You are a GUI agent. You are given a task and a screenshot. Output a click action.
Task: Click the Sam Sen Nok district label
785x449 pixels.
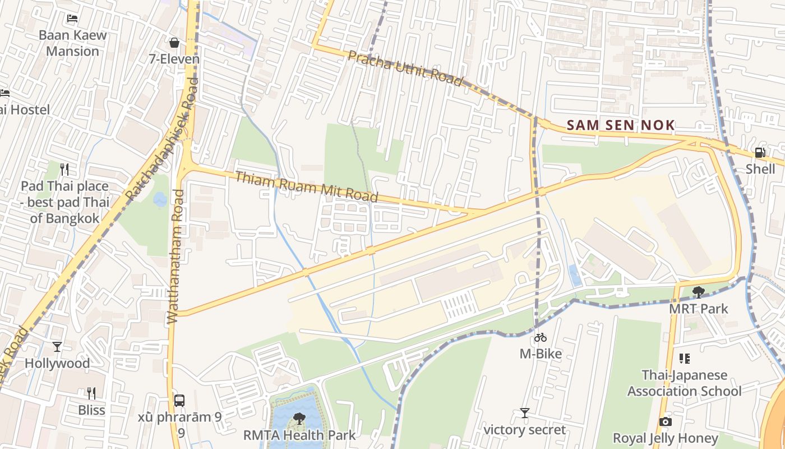coord(620,125)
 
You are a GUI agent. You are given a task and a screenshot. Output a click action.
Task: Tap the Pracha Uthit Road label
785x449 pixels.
coord(405,68)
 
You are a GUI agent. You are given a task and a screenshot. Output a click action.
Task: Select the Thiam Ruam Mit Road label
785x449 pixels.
coord(306,187)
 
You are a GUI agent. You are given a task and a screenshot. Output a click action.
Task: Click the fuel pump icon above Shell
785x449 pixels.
coord(760,152)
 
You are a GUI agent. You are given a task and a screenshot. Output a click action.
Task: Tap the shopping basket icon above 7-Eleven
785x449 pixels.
coord(174,42)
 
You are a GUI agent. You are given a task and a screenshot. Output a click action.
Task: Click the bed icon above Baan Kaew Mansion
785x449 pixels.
coord(72,18)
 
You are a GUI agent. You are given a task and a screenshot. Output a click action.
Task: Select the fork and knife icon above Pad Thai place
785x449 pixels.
coord(64,169)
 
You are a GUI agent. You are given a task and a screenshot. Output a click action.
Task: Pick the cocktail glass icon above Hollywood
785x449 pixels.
coord(57,346)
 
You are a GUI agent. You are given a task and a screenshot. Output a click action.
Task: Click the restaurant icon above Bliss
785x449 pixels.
coord(91,393)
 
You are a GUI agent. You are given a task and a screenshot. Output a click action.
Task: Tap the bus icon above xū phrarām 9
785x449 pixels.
coord(179,400)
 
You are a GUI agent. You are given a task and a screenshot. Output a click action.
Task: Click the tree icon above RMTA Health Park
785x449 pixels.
coord(299,418)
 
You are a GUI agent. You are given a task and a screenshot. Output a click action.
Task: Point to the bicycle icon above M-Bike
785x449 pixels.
coord(541,337)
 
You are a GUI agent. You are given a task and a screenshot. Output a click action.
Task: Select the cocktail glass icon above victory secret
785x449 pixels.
coord(524,413)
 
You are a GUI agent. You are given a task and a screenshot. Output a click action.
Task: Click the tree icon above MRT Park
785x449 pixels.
coord(698,292)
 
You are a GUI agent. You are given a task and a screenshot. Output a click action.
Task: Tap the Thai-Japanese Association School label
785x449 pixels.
coord(684,383)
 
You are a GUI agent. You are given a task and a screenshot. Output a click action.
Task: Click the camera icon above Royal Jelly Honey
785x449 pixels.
coord(665,421)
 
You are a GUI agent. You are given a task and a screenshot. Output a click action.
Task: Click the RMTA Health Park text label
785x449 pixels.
coord(299,435)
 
